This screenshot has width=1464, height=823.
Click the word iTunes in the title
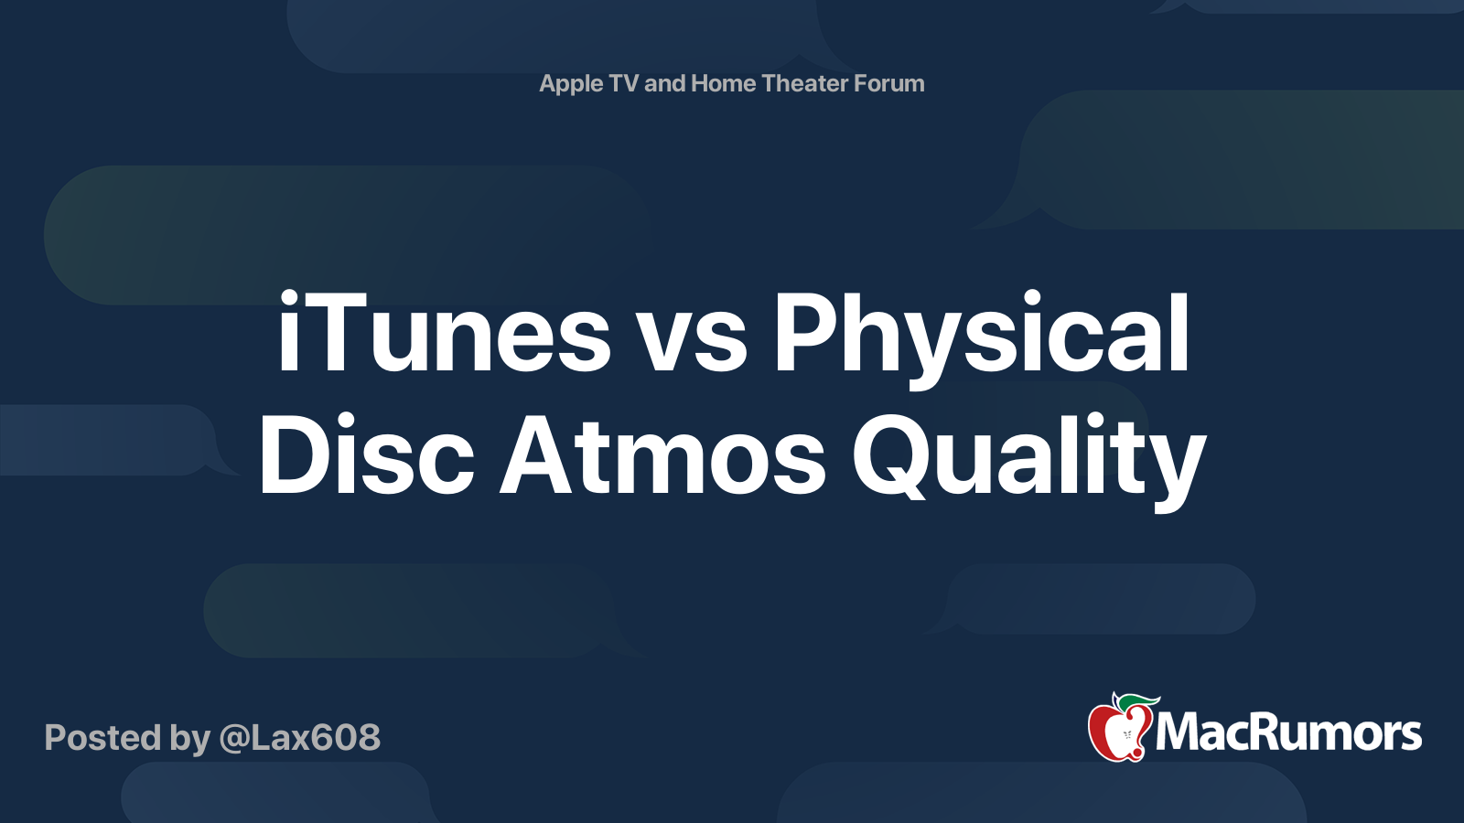click(x=444, y=334)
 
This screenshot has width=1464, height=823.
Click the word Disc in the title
click(x=366, y=455)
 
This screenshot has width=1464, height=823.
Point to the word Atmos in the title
click(x=663, y=455)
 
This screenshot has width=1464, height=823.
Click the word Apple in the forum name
click(x=571, y=84)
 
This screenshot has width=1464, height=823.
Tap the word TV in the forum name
click(x=623, y=83)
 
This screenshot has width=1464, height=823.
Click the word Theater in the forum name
click(x=804, y=83)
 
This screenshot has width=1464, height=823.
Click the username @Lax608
click(x=299, y=738)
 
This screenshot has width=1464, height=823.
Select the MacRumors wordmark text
click(x=1288, y=733)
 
